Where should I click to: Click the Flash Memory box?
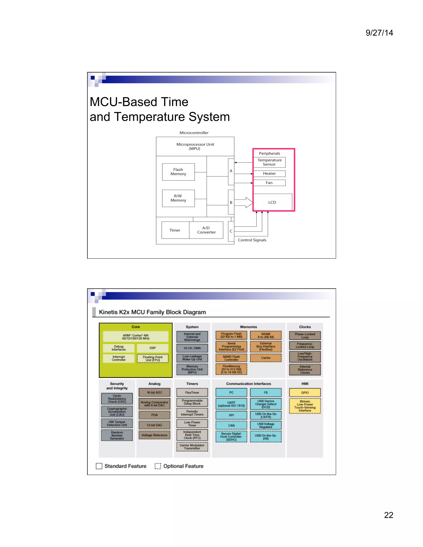178,172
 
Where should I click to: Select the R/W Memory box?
178,198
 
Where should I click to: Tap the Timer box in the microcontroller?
175,230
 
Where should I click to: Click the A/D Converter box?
206,230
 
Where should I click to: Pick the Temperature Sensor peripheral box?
269,162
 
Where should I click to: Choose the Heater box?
269,174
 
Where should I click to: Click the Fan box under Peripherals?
269,183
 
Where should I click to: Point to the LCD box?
272,202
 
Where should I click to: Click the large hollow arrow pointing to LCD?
244,202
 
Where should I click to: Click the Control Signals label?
252,240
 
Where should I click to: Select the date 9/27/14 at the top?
379,33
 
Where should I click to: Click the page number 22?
389,515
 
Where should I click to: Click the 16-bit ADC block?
154,392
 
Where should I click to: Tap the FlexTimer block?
192,392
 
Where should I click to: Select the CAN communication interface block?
231,425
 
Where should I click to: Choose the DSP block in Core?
153,348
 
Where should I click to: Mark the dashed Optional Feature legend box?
158,466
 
